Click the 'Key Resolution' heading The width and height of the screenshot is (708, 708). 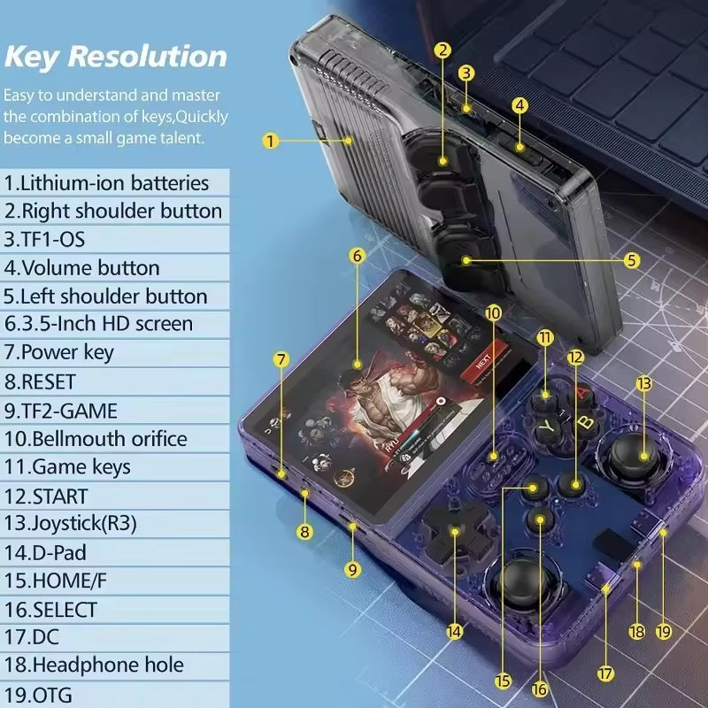point(115,56)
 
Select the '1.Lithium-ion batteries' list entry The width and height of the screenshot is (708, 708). point(107,183)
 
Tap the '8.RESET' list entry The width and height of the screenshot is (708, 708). point(41,381)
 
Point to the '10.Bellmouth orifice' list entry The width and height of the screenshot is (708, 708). point(96,439)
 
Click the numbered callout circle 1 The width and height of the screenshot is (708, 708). point(271,140)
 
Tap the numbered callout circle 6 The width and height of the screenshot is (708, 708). point(357,256)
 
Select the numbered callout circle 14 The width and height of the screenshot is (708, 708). point(455,631)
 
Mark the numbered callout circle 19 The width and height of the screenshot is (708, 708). point(664,632)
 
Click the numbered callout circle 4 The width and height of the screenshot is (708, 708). point(520,104)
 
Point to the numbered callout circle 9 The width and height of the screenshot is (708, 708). point(353,570)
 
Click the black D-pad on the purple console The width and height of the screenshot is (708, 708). point(453,531)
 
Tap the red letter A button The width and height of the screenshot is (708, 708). point(581,390)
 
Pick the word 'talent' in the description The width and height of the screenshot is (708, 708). point(178,138)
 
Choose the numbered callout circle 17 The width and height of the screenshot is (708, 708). point(605,673)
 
